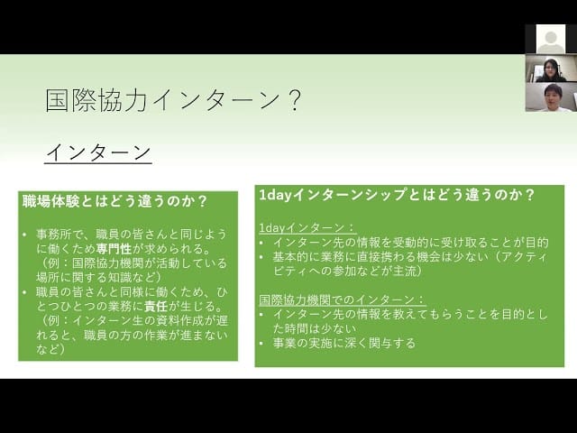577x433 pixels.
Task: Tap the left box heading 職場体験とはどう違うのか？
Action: coord(114,200)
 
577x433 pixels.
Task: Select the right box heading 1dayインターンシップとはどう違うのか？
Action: coord(397,195)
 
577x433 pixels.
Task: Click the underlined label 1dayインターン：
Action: coord(307,228)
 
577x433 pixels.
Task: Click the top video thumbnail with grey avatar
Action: coord(550,39)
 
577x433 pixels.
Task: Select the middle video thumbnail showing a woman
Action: coord(550,69)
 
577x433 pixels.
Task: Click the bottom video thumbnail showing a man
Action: coord(550,97)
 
